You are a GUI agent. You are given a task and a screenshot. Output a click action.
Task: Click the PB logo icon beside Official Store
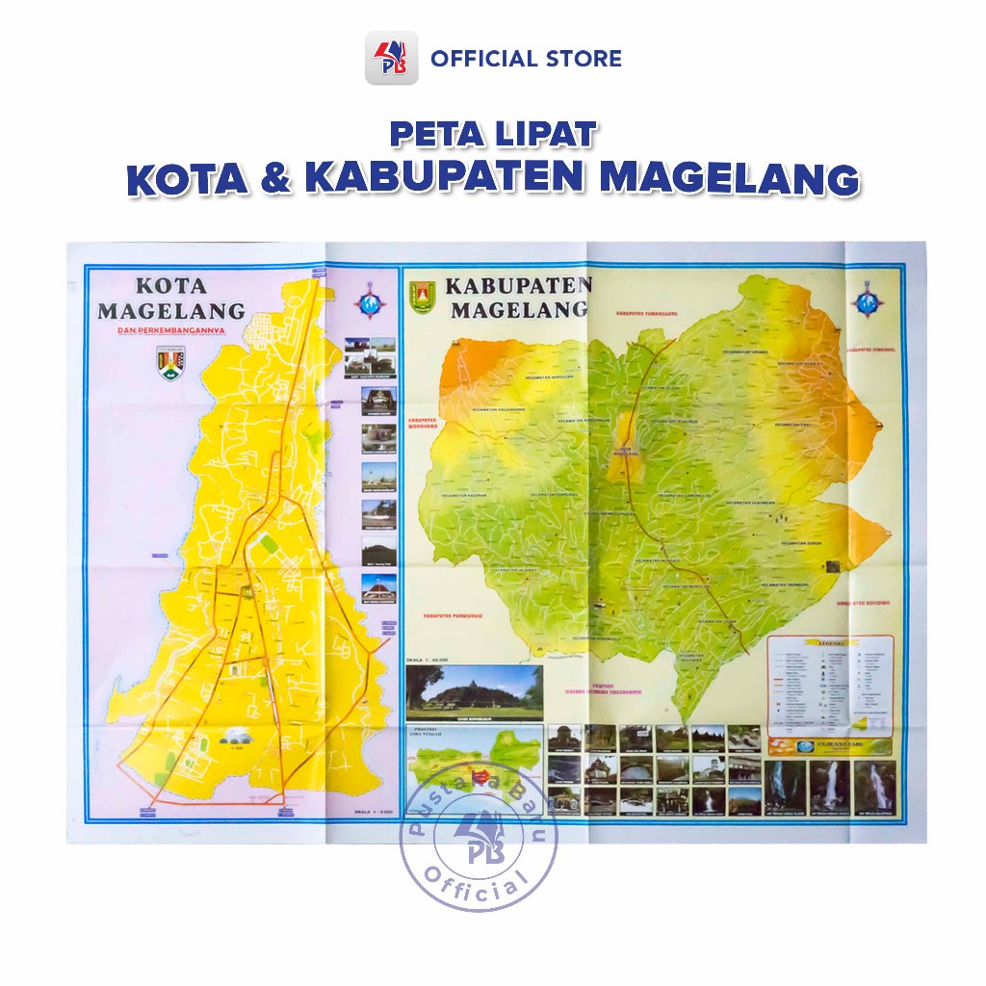391,58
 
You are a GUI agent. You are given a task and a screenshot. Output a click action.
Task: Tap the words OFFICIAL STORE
526,59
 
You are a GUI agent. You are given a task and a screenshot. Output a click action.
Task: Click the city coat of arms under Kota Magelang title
170,362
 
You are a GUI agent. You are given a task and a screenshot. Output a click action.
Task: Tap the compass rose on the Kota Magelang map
370,300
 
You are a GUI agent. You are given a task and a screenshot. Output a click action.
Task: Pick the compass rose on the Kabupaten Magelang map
869,299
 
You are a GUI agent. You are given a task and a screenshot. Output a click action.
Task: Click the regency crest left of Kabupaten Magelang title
423,297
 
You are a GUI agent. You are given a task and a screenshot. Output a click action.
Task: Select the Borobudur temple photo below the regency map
474,691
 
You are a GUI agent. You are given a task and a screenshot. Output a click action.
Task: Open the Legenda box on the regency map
830,683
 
